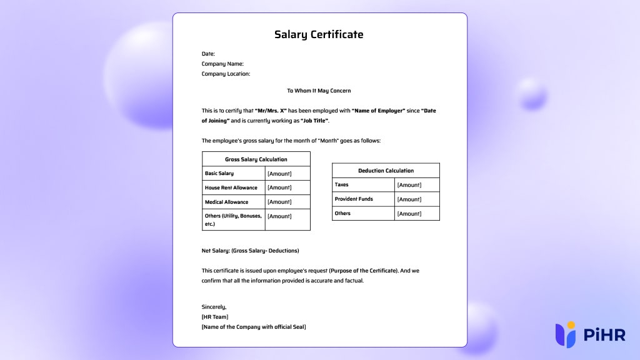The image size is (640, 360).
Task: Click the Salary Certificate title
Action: [x=319, y=34]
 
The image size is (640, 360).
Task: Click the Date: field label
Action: [x=208, y=54]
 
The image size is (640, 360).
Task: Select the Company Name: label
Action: [x=222, y=64]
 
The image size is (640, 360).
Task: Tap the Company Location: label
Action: [x=226, y=74]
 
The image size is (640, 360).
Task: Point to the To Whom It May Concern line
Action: [x=319, y=91]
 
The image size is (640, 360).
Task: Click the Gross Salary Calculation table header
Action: [x=256, y=159]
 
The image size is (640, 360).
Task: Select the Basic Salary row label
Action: [x=219, y=173]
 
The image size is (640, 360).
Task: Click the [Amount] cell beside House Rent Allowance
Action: [x=279, y=187]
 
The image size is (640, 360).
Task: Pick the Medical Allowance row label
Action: [x=226, y=202]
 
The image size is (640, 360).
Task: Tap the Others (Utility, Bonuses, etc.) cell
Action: [x=233, y=219]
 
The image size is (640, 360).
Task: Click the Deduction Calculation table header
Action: [x=386, y=171]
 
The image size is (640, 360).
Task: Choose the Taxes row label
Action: [x=342, y=185]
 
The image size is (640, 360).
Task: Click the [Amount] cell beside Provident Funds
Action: [x=409, y=199]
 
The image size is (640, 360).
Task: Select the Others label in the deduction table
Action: [x=342, y=213]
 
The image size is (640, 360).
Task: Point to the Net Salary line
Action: [x=250, y=251]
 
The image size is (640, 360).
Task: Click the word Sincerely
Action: [x=214, y=307]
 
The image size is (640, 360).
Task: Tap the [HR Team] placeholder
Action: [x=215, y=317]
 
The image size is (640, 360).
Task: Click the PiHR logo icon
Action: [x=566, y=334]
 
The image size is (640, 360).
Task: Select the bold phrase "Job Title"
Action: [x=314, y=121]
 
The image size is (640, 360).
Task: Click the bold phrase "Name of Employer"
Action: [x=383, y=111]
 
